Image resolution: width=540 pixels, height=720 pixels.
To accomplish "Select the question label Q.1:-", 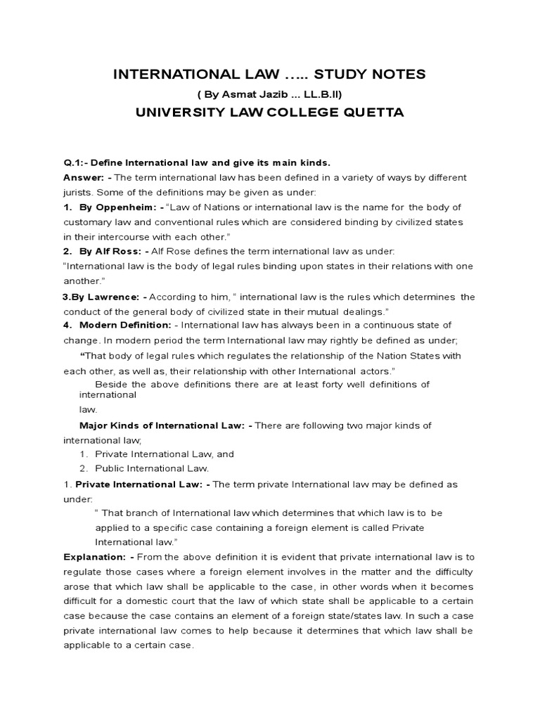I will [77, 162].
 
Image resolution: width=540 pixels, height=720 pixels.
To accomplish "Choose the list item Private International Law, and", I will [164, 454].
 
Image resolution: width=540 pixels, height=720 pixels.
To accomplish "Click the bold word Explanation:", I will [94, 557].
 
